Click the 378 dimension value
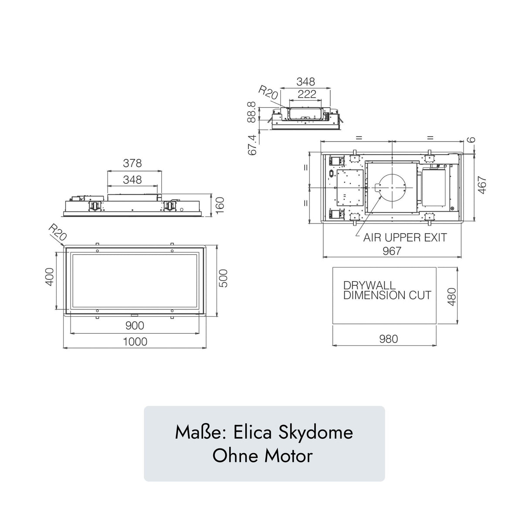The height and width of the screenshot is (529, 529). [x=132, y=163]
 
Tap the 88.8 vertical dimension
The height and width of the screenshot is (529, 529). [x=251, y=112]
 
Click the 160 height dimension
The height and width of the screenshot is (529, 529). [x=220, y=205]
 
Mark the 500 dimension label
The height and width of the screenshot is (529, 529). [x=223, y=278]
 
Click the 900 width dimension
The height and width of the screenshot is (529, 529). [x=135, y=326]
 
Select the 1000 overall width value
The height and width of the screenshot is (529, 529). [x=135, y=342]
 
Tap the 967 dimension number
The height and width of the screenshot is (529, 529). [x=391, y=251]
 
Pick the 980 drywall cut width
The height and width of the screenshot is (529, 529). [x=388, y=339]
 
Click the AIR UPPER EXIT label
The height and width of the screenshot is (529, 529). [x=405, y=237]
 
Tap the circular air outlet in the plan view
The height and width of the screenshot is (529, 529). [x=392, y=187]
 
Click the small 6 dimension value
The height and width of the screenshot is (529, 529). [x=471, y=139]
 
